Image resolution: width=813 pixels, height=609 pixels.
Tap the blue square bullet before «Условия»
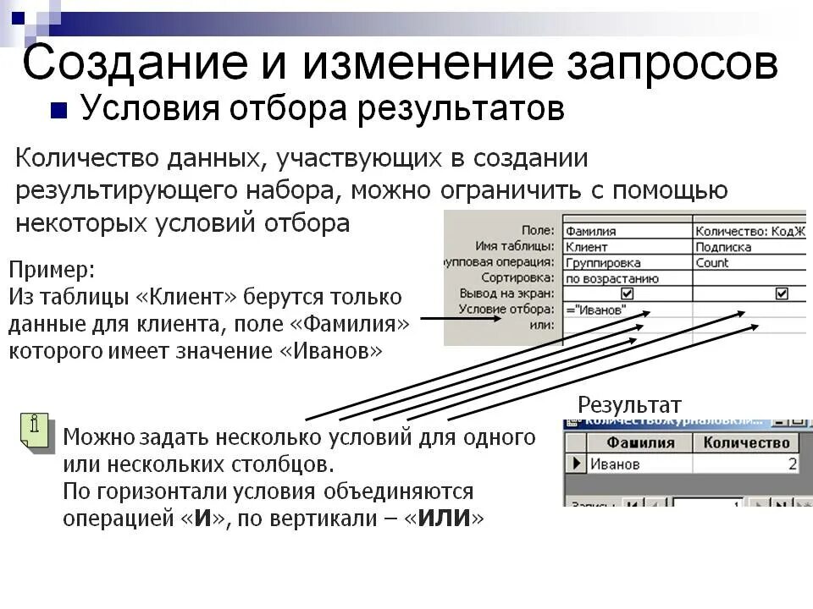(58, 111)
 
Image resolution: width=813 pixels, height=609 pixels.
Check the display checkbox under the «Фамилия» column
(627, 294)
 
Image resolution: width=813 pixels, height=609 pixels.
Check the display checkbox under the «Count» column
(782, 294)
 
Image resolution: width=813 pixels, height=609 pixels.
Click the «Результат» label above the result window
(629, 404)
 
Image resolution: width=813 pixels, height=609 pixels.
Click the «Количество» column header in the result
(746, 442)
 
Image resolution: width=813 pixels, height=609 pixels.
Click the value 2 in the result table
(792, 464)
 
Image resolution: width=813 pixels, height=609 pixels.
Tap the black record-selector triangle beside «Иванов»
(577, 464)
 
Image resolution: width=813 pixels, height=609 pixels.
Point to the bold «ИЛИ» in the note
(443, 518)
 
